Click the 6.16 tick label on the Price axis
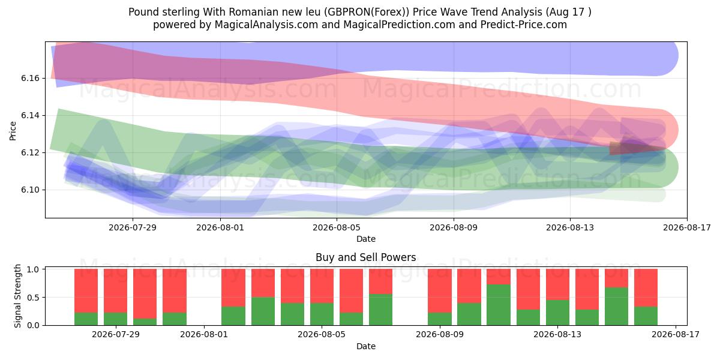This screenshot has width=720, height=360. click(30, 79)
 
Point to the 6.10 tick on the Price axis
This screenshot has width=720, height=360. click(30, 190)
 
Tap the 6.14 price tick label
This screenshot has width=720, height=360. click(30, 115)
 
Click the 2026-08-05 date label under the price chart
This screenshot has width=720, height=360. click(337, 227)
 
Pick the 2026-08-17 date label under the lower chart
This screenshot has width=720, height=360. click(676, 334)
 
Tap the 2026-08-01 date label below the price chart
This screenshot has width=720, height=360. click(220, 227)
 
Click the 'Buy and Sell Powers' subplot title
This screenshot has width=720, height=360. click(366, 257)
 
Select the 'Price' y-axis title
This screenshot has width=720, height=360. click(13, 131)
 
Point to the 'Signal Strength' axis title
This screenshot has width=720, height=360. click(17, 296)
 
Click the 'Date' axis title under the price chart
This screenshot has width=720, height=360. click(366, 239)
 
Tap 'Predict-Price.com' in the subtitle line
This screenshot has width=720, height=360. click(524, 25)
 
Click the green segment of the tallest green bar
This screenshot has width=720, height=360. click(499, 305)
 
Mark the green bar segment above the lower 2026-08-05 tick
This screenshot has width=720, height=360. click(322, 314)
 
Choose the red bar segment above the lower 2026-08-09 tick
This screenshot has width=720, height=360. click(440, 291)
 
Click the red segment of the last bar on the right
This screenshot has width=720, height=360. click(646, 287)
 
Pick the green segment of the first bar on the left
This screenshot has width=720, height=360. click(86, 319)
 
